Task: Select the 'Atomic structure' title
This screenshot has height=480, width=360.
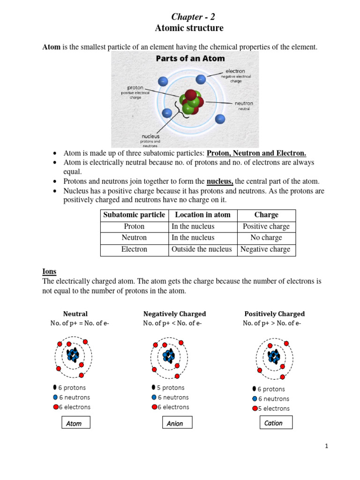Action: coord(189,29)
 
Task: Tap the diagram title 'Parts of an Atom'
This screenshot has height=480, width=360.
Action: coord(190,59)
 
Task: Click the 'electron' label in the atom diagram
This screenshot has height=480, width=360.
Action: coord(235,71)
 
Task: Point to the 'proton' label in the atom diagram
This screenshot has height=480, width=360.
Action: coord(135,88)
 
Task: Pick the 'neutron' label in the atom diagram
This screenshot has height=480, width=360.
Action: coord(244,103)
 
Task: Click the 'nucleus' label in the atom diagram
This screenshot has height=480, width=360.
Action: coord(150,136)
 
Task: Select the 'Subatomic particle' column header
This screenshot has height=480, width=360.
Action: coord(135,215)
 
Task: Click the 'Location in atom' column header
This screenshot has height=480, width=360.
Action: coord(202,215)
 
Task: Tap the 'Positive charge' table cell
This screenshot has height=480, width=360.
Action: coord(266,226)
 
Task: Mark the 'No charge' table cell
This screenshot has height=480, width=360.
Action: coord(266,238)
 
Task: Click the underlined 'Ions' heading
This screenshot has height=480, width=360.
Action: coord(49,271)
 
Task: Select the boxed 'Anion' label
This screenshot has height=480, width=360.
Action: coord(175,423)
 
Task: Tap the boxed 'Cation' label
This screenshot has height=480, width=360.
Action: coord(274,423)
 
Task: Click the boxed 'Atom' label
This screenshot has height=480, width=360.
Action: coord(74,423)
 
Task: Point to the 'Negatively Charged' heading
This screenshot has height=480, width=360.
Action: coord(174,314)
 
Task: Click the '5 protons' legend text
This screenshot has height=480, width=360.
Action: coord(171,388)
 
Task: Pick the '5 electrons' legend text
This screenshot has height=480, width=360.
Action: coord(274,408)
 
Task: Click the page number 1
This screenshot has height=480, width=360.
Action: coord(327,446)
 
